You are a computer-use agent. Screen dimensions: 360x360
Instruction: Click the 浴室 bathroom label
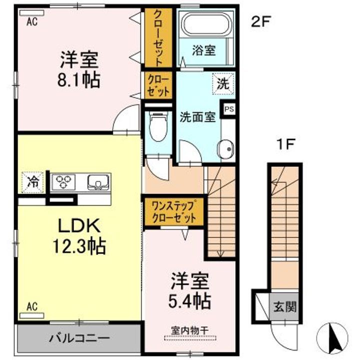coord(203,50)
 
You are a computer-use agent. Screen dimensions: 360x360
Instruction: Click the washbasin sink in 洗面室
coord(226,148)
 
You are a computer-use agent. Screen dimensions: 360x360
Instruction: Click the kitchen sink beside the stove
coord(98,182)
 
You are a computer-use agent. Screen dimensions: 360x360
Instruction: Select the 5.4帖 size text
coord(190,300)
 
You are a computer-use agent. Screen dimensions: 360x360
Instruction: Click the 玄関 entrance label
coord(284,306)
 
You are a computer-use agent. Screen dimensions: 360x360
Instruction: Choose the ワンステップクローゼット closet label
coord(173,211)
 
